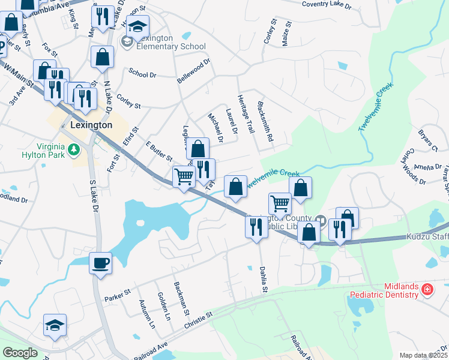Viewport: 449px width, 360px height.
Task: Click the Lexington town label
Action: pos(91,125)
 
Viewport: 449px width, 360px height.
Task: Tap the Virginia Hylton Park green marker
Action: pos(74,149)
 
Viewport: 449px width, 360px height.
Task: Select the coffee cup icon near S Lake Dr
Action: pos(100,263)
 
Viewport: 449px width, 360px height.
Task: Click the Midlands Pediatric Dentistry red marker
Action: pos(427,290)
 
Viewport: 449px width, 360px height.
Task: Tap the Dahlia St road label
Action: pos(263,280)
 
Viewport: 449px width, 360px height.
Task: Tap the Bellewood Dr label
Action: pos(193,70)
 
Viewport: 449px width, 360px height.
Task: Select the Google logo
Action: pos(20,353)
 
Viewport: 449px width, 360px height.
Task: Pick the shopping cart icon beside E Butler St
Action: pos(184,176)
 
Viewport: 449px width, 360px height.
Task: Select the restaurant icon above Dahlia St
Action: pos(256,227)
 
